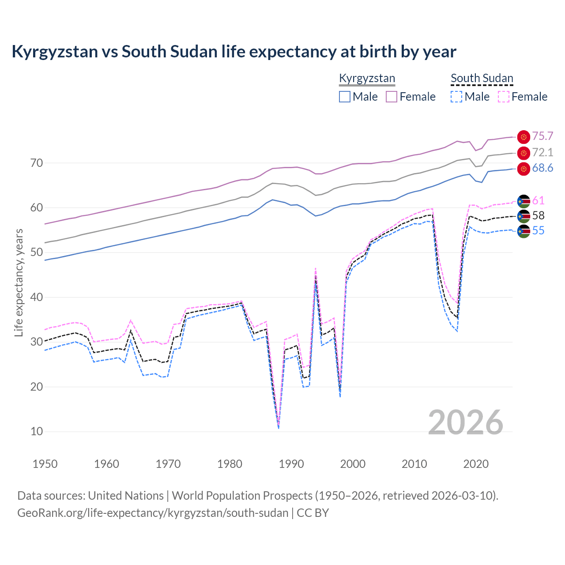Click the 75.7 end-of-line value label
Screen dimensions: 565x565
[542, 136]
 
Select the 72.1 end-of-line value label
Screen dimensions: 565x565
[542, 153]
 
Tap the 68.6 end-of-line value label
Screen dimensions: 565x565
[542, 168]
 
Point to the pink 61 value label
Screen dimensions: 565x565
[538, 201]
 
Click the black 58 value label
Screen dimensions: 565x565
[538, 216]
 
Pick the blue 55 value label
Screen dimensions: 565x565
[538, 231]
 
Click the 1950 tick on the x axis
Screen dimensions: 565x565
[45, 464]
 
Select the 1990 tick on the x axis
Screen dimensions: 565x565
[291, 464]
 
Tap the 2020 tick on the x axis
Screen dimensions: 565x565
[476, 464]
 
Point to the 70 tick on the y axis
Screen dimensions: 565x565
[37, 163]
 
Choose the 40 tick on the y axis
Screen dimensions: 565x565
[37, 298]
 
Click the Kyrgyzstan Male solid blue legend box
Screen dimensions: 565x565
[345, 97]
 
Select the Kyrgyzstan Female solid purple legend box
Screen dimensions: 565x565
[392, 97]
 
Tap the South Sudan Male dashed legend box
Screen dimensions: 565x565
[456, 97]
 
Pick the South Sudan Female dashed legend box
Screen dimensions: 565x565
[504, 97]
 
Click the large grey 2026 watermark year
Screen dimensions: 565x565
[466, 422]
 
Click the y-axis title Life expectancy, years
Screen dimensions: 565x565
[19, 282]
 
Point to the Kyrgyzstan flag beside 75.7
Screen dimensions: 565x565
[524, 137]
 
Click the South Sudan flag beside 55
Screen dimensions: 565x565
[524, 231]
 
